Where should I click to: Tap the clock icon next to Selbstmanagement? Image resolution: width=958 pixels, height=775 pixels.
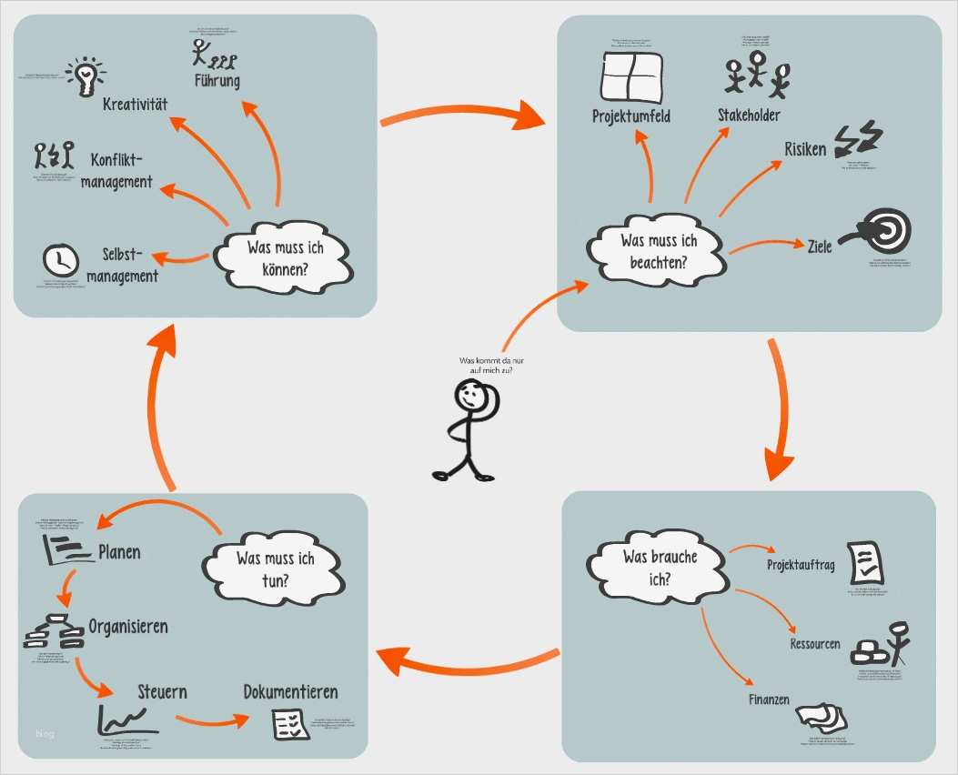click(x=59, y=260)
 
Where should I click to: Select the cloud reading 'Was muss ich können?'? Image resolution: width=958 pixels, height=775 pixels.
click(x=285, y=255)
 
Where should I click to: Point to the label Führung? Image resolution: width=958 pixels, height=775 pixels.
click(x=217, y=81)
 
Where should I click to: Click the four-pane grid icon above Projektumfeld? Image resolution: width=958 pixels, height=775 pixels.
click(x=633, y=76)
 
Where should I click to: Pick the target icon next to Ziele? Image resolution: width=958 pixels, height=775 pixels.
click(x=877, y=231)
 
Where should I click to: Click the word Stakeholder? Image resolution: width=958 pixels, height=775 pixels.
click(x=748, y=116)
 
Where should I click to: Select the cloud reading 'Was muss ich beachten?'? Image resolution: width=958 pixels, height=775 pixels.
click(x=658, y=251)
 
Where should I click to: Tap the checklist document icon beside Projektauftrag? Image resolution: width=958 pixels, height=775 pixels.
click(x=864, y=562)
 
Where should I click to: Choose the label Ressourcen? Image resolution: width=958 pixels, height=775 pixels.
click(x=814, y=644)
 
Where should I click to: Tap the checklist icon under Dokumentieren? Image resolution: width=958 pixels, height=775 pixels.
click(x=290, y=724)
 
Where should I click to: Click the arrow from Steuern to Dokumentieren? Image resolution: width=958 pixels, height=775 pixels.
click(x=211, y=720)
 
